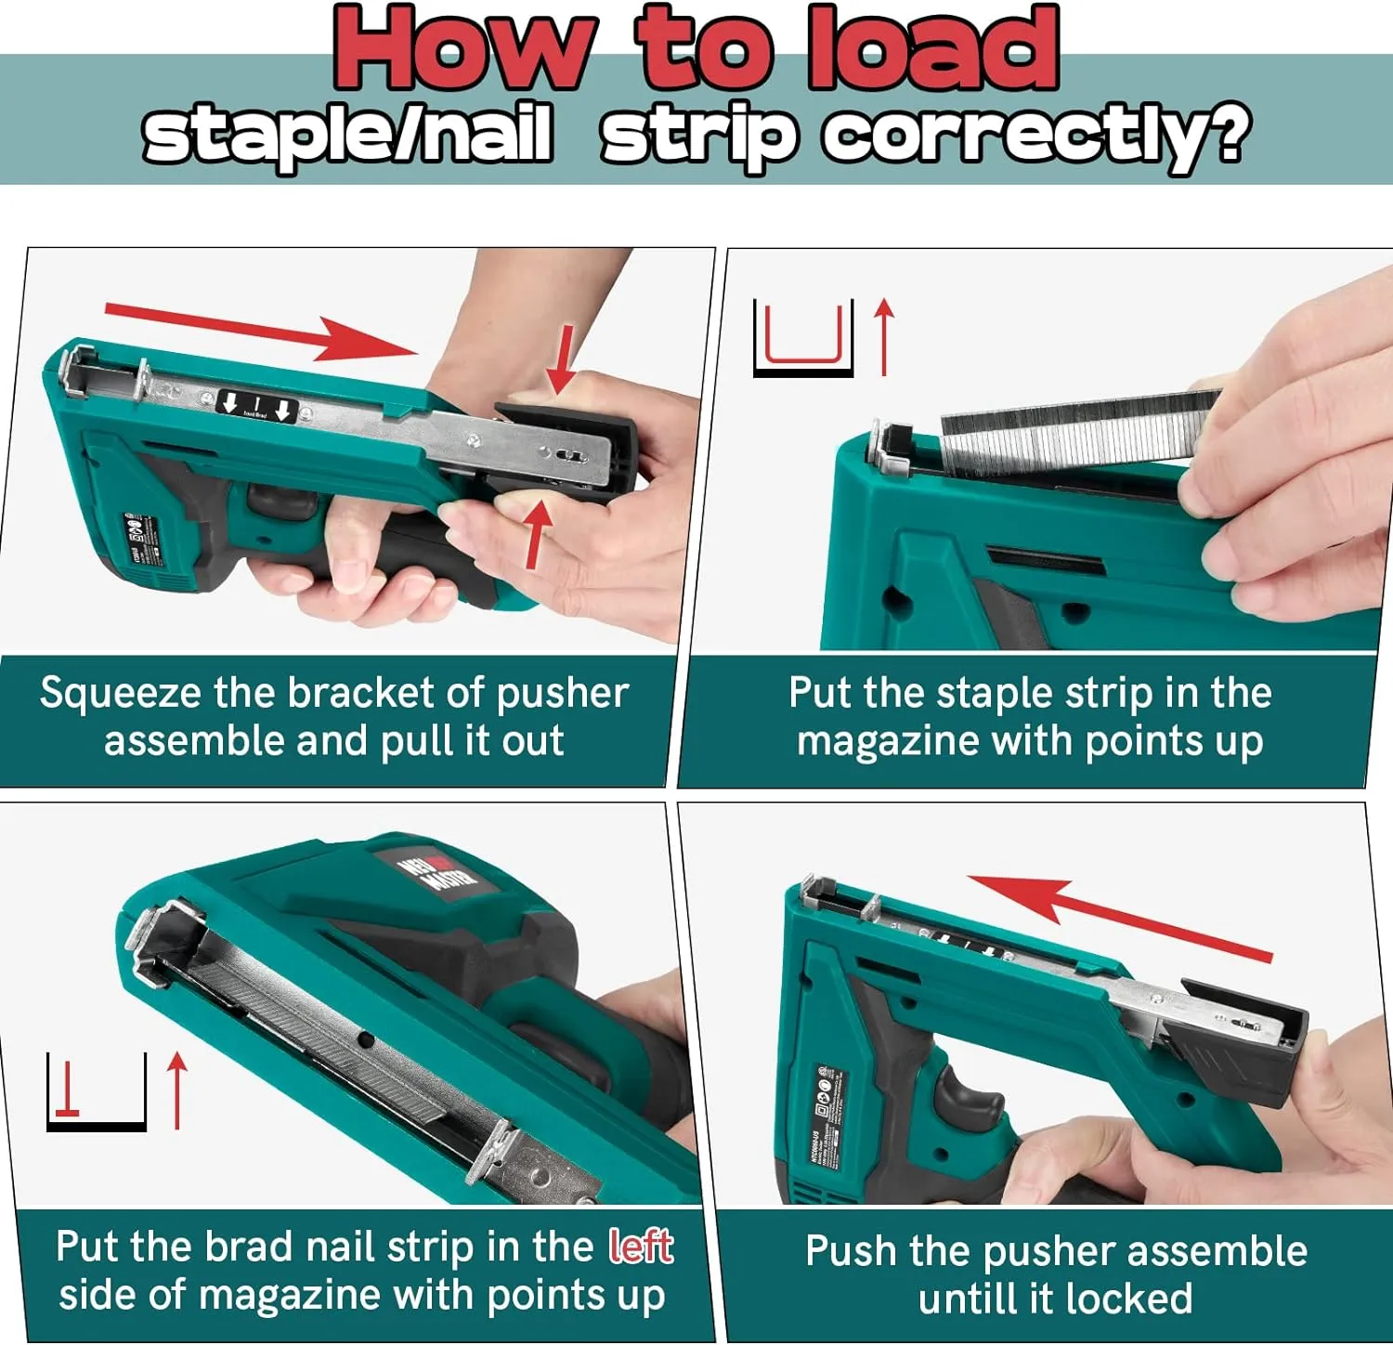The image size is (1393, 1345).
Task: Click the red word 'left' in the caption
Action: (641, 1247)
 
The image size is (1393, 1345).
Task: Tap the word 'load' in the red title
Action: (932, 48)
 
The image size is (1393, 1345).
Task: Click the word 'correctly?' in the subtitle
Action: (1035, 136)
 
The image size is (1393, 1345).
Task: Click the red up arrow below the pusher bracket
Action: (537, 534)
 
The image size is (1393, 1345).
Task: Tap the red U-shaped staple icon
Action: (804, 334)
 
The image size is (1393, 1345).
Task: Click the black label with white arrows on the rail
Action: (257, 406)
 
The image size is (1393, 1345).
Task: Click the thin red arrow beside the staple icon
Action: (884, 336)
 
